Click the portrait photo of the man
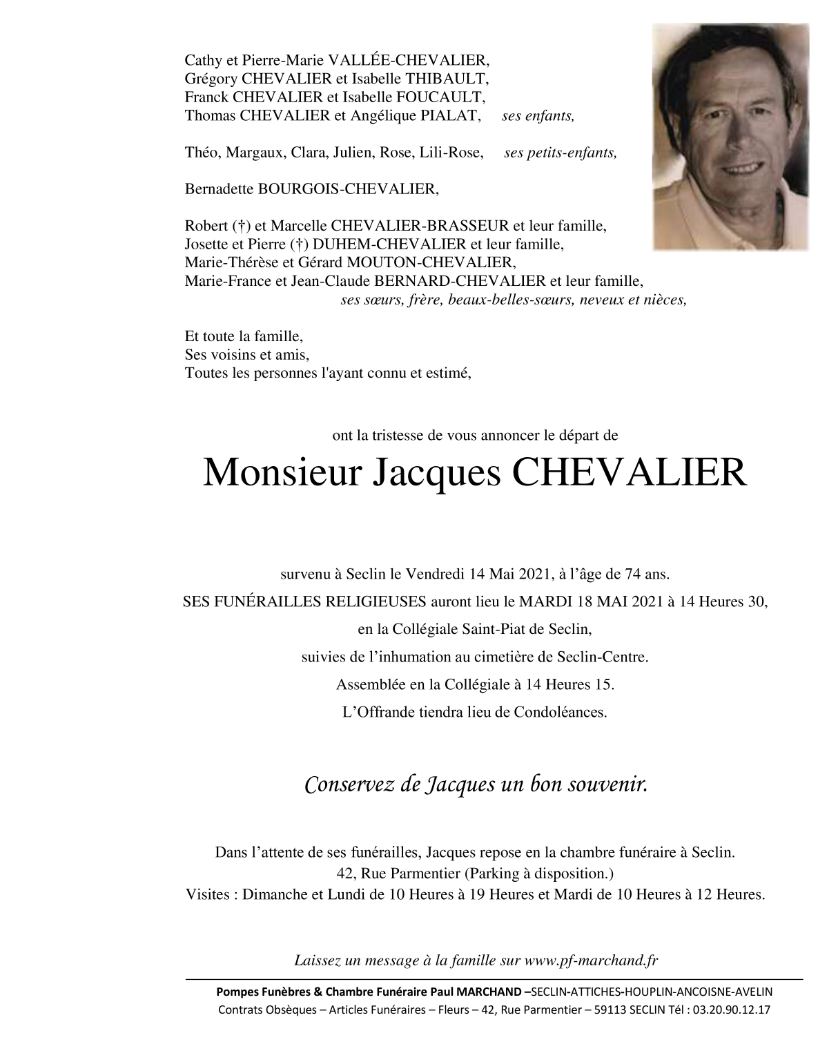[730, 137]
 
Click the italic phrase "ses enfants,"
[538, 117]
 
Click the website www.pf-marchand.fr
[592, 960]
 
